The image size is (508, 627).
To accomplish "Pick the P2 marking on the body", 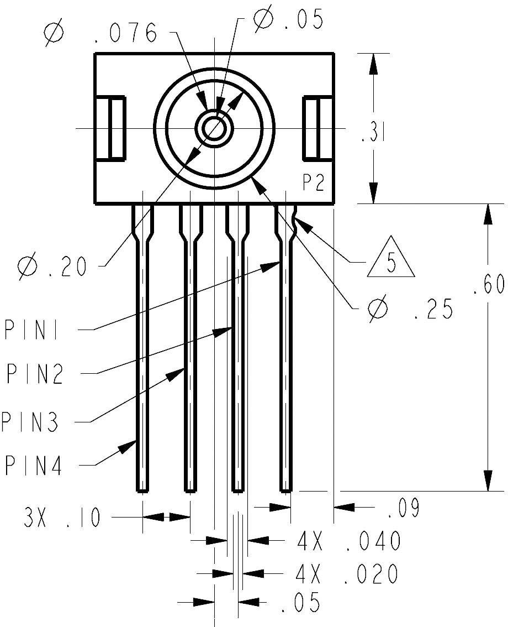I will point(313,183).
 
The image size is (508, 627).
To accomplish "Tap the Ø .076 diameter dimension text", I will point(103,34).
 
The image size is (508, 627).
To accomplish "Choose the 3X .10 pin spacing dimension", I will point(61,518).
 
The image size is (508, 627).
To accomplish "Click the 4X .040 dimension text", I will point(348,541).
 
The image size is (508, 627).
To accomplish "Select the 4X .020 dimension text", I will point(347,574).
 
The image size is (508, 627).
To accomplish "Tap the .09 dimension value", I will point(403,508).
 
